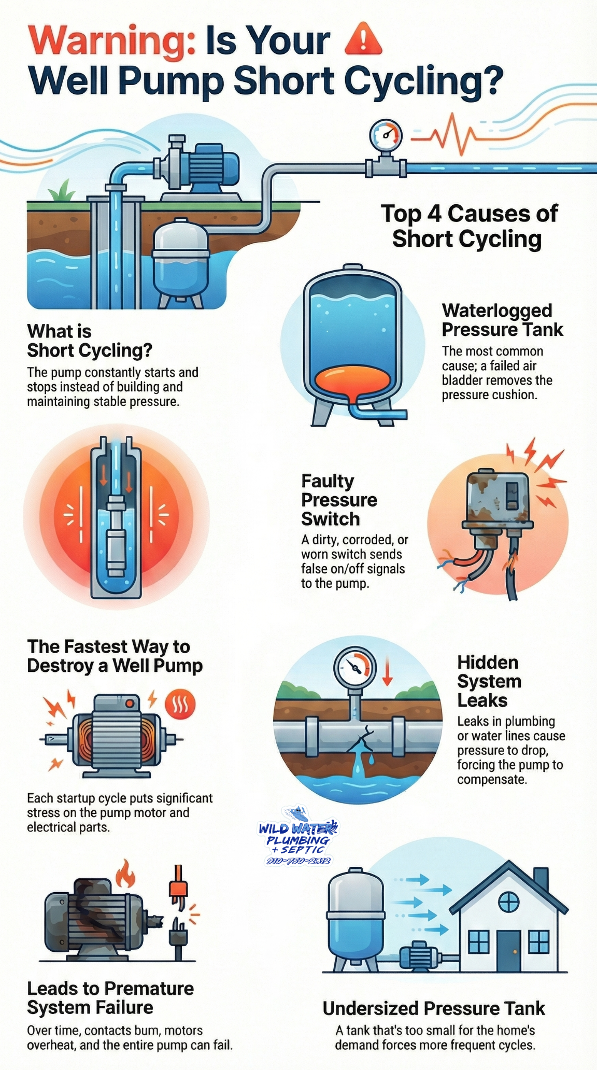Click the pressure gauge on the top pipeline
386,135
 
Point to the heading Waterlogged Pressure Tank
502,320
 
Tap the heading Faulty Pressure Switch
339,500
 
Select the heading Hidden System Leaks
489,681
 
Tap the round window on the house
508,903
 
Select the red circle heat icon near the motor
180,705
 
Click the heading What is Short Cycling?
89,341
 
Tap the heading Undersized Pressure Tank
433,1008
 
